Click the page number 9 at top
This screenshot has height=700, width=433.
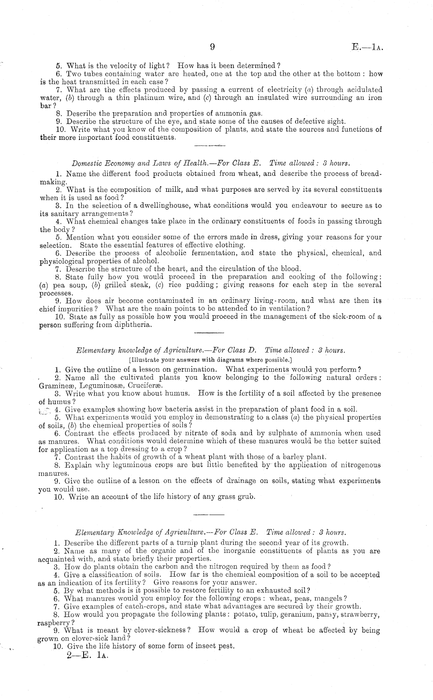point(212,47)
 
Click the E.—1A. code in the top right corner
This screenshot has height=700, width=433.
point(367,47)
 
